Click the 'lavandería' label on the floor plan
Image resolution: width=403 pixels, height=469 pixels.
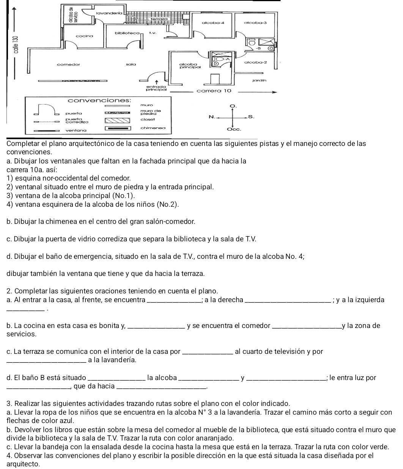109,13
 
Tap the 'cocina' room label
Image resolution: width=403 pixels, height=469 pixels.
84,36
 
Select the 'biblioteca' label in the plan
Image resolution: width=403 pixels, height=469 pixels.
127,33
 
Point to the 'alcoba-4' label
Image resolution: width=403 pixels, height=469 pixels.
213,23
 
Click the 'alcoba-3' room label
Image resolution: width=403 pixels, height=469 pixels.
255,23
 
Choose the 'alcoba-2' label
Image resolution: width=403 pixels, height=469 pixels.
255,62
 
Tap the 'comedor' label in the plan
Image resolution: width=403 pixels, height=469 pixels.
68,65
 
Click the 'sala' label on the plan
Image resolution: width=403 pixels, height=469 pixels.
131,65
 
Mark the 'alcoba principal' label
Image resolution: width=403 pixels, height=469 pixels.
190,66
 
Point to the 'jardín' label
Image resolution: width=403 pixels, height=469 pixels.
260,81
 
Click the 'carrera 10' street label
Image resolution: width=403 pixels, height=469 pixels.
214,91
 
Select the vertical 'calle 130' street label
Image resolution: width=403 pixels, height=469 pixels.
16,44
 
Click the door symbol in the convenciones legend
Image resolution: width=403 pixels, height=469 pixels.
46,109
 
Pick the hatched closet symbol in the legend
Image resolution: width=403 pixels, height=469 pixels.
117,120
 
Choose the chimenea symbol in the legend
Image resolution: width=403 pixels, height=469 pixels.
118,128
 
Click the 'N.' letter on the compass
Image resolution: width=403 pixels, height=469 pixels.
212,117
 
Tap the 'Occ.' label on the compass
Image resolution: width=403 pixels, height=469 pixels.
234,130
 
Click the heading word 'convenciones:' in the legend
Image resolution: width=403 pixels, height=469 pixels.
99,100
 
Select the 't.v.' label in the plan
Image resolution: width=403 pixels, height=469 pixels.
153,33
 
